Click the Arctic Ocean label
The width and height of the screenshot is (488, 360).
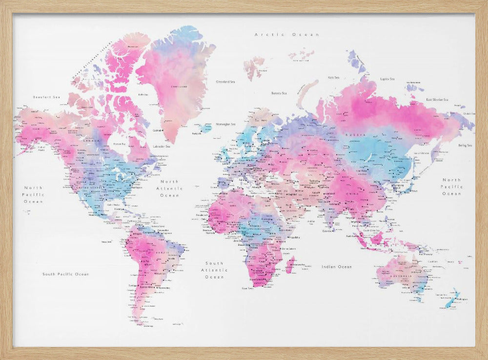tap(287, 35)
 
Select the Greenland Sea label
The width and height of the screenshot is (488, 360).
tap(226, 82)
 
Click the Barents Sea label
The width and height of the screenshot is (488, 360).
tap(279, 93)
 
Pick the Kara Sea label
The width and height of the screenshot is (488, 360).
tap(334, 77)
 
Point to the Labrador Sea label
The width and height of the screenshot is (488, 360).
tap(161, 146)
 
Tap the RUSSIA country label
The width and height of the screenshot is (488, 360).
tap(352, 134)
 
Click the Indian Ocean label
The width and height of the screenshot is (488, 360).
tap(336, 267)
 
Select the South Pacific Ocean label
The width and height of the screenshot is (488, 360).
tap(65, 274)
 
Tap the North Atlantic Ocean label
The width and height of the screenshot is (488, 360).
tap(170, 188)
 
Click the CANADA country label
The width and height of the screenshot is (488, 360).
tap(93, 140)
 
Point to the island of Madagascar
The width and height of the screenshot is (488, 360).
tap(290, 265)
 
